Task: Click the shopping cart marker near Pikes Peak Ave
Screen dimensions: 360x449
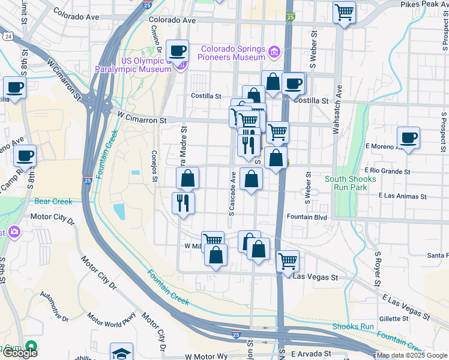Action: (x=344, y=13)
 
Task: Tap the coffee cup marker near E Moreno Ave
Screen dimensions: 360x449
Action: (x=408, y=139)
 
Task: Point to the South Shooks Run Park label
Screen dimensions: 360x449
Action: (x=351, y=183)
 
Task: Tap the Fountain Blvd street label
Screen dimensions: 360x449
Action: (x=306, y=217)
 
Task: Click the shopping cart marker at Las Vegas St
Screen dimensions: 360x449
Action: (x=288, y=262)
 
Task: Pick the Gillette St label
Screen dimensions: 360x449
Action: (x=393, y=319)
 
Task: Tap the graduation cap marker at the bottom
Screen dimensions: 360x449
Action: (x=121, y=352)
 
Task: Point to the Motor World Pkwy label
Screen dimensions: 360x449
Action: (x=112, y=325)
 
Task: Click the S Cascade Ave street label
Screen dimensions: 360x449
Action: (x=232, y=196)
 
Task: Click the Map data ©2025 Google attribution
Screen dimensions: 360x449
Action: (x=411, y=355)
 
